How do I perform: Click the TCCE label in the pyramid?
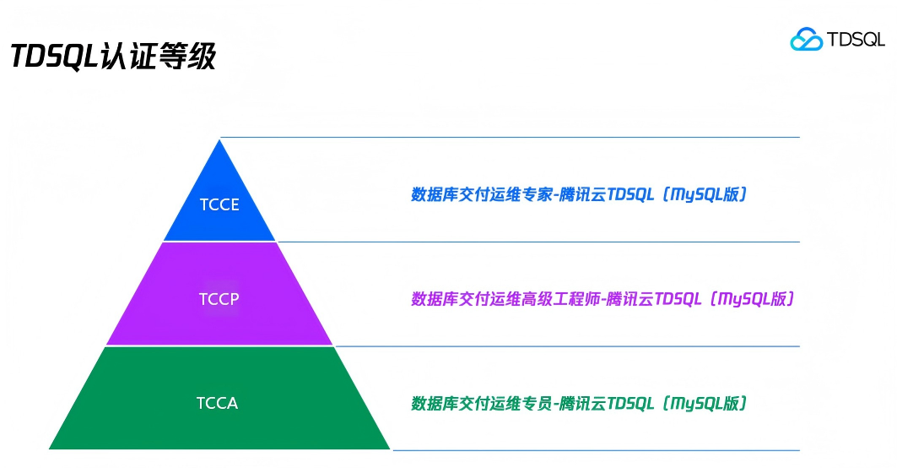coord(219,204)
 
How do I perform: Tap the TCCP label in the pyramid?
coord(219,299)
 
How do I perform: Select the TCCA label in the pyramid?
coord(218,403)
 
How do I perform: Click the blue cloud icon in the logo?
coord(806,39)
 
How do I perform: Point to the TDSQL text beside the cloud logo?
coord(855,40)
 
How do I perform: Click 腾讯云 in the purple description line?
coord(630,299)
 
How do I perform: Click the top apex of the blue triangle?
coord(220,140)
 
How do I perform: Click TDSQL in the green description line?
coord(630,403)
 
